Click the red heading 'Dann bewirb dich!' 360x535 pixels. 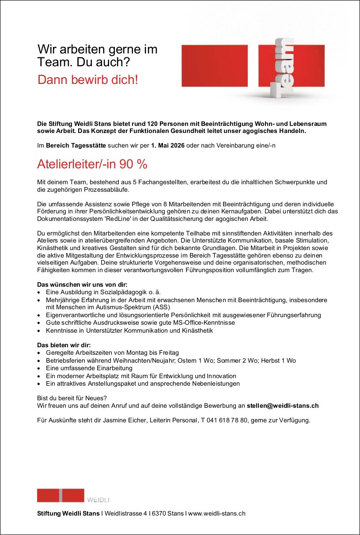[x=88, y=80]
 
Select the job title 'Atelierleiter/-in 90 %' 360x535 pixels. [x=92, y=164]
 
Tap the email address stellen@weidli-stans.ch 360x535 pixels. [x=283, y=406]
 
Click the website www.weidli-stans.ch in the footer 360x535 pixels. [x=216, y=513]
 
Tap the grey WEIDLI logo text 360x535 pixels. [x=98, y=500]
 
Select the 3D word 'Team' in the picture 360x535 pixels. [x=284, y=68]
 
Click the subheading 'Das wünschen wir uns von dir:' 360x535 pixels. [x=82, y=285]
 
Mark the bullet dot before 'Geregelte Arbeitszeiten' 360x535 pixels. [x=40, y=353]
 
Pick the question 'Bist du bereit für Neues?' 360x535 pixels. [x=72, y=398]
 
